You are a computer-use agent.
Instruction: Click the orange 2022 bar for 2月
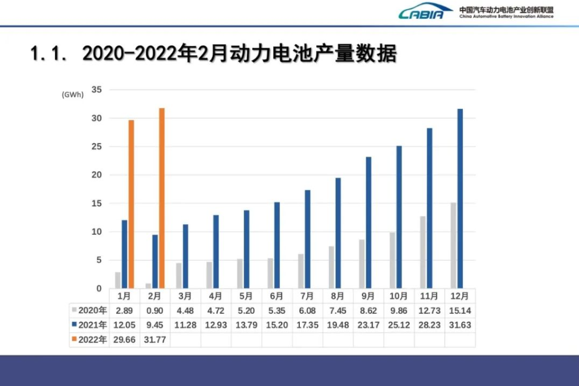tap(162, 198)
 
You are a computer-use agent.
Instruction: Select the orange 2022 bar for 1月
tap(131, 204)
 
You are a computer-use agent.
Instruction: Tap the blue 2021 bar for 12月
tap(460, 199)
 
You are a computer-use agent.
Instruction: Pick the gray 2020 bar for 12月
tap(453, 246)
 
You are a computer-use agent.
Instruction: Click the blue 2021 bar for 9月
tap(368, 223)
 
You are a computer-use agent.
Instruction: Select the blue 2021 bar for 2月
tap(155, 262)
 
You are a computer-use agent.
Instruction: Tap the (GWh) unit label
tap(73, 95)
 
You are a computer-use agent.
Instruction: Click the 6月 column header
tap(276, 296)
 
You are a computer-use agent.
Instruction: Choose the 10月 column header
tap(399, 296)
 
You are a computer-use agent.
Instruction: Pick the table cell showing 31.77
tap(154, 340)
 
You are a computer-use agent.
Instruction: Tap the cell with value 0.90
tap(154, 310)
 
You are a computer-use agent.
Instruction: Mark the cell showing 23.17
tap(368, 325)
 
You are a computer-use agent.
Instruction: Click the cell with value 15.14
tap(460, 310)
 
